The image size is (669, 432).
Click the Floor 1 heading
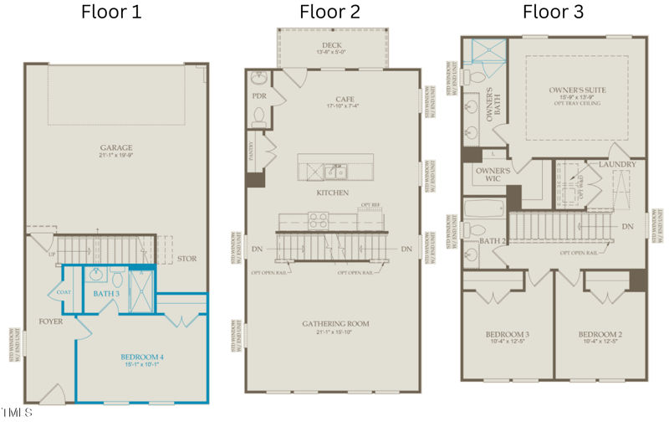coord(110,12)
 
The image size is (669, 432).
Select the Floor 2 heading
coord(330,12)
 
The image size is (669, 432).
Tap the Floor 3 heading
coord(553,12)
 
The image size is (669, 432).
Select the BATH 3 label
coord(106,293)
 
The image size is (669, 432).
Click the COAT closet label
coord(64,292)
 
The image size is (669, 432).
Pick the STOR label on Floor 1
coord(186,259)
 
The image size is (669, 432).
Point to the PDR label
coord(258,96)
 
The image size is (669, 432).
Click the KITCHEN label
coord(332,193)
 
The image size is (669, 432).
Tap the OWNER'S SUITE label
coord(577,90)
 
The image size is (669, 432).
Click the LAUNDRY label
coord(618,164)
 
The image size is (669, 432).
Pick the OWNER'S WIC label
coord(487,174)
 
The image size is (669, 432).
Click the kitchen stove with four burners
coord(318,221)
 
